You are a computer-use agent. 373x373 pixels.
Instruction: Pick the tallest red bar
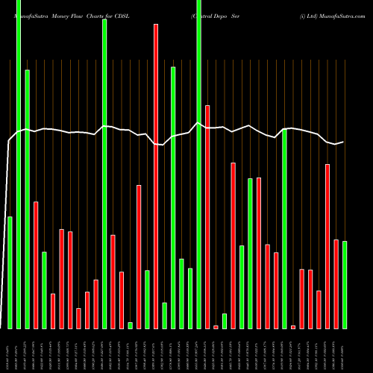coord(156,176)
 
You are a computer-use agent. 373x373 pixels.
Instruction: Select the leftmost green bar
coord(10,272)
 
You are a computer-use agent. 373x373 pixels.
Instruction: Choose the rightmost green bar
coord(345,285)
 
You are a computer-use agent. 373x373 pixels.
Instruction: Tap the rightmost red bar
coord(336,283)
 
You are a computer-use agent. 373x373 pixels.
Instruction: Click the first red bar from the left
coord(36,265)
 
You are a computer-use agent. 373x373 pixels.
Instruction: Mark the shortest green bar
coord(130,325)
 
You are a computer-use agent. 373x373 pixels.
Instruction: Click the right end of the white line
coord(343,142)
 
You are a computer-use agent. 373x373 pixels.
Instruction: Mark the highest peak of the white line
coord(198,123)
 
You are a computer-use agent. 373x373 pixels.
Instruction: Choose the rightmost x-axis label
coord(344,351)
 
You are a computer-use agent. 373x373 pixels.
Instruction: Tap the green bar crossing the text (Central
coord(198,164)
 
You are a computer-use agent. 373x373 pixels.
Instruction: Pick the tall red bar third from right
coord(327,246)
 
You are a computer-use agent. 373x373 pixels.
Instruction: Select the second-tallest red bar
coord(207,216)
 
